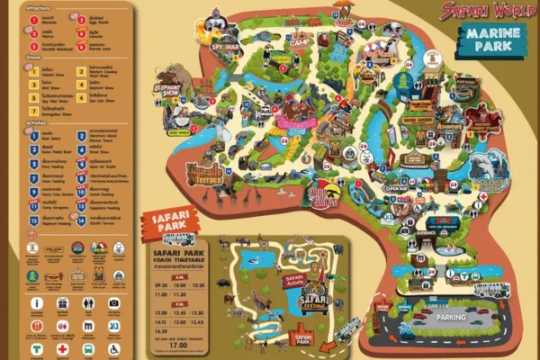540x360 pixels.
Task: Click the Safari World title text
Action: (x=482, y=11)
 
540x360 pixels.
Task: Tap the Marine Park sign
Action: (x=491, y=38)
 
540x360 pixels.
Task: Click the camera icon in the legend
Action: (x=113, y=303)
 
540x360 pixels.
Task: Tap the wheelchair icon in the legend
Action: (x=113, y=348)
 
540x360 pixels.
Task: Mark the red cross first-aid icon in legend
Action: (x=63, y=348)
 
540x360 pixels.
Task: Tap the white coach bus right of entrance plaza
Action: (x=491, y=290)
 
